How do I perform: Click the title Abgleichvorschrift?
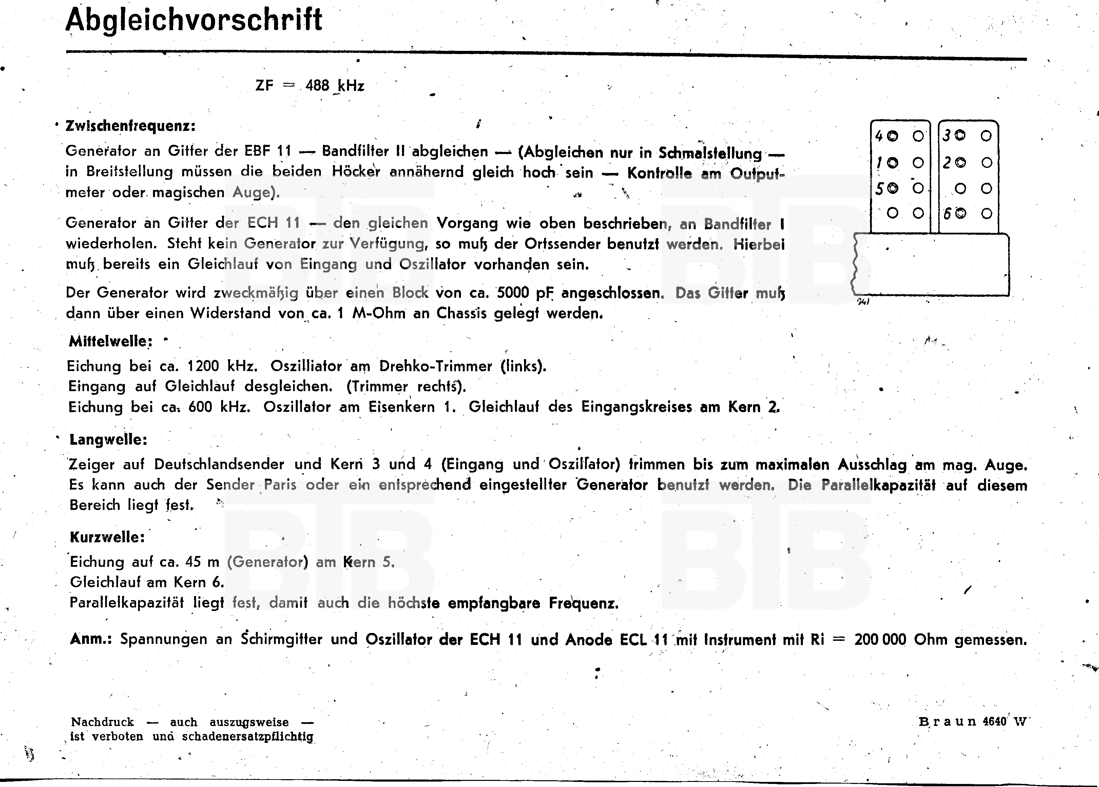click(x=194, y=20)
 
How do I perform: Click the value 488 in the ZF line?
click(x=317, y=86)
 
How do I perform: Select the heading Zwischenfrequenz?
click(x=130, y=126)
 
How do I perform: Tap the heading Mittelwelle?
click(x=111, y=341)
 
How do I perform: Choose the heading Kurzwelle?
click(x=107, y=537)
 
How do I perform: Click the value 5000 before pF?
click(x=513, y=293)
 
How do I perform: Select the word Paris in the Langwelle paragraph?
click(x=280, y=485)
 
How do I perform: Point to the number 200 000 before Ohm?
click(x=880, y=640)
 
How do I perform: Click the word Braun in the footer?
click(x=947, y=722)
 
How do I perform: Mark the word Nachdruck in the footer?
click(x=102, y=722)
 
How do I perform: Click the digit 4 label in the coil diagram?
click(x=879, y=136)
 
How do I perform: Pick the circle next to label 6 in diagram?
click(x=961, y=213)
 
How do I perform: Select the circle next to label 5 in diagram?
click(x=893, y=189)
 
